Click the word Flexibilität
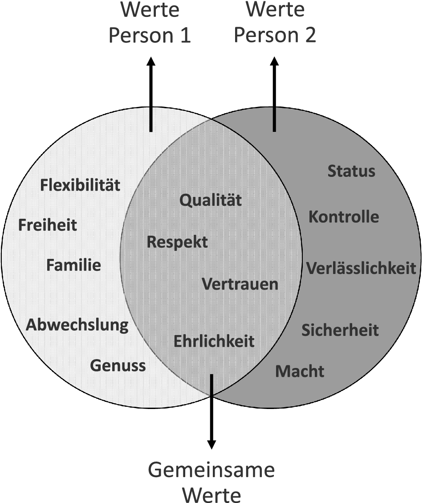(80, 185)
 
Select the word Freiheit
(48, 225)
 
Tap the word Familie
(74, 266)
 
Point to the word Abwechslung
(77, 325)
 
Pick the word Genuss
(118, 365)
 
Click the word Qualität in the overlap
(211, 200)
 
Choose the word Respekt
(177, 242)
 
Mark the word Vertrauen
(240, 284)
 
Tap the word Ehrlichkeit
(214, 341)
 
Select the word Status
(351, 171)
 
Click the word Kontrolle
(344, 217)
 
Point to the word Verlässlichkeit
(361, 268)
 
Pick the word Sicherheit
(340, 330)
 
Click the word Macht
(300, 371)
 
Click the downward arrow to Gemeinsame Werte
(211, 412)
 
